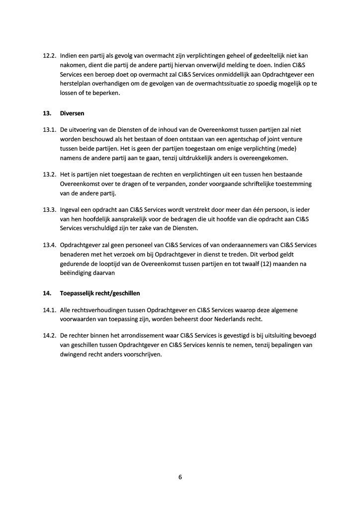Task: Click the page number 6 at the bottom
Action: tap(180, 477)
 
